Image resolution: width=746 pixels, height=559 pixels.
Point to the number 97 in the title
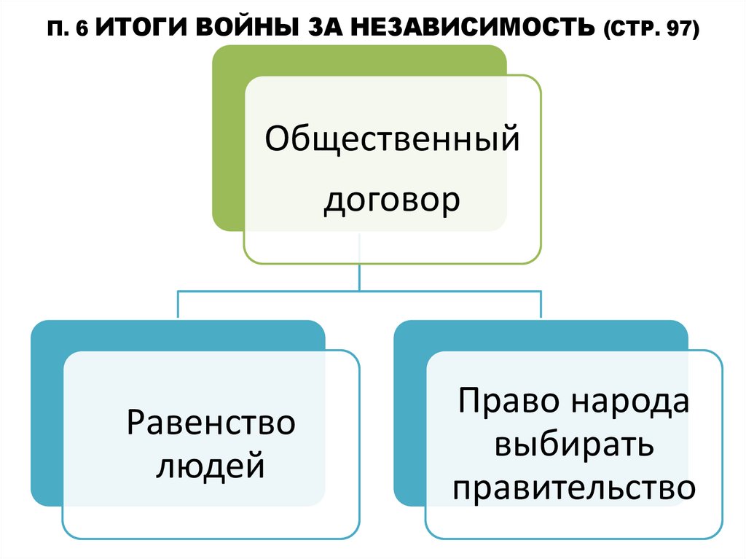[x=678, y=31]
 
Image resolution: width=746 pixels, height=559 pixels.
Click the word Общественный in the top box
[x=392, y=138]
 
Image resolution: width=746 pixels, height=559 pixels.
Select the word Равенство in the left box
[x=211, y=423]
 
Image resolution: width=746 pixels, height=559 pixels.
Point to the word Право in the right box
[x=508, y=402]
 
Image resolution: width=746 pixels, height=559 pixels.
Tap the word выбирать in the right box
[x=573, y=445]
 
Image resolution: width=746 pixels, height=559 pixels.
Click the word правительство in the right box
[x=573, y=488]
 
